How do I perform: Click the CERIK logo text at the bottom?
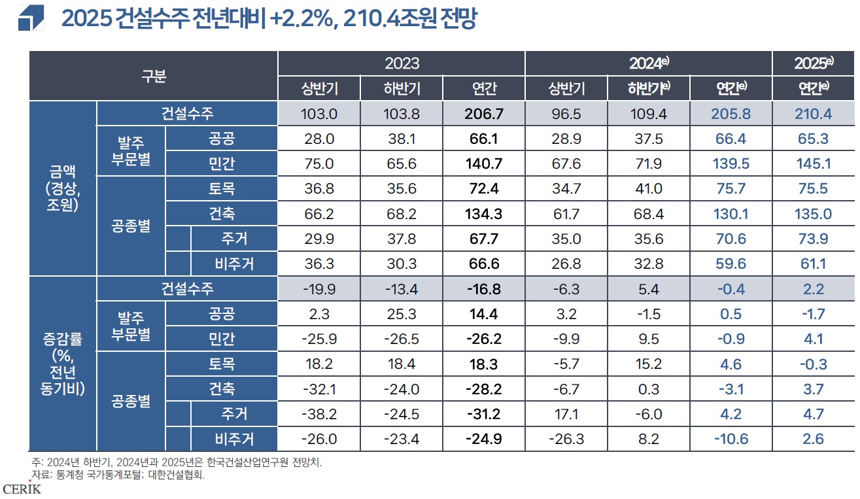point(22,489)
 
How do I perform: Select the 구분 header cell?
point(154,76)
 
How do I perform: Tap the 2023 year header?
point(402,63)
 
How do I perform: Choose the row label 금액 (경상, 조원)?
point(63,188)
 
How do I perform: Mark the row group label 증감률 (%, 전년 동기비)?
point(63,363)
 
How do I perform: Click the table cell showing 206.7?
point(483,114)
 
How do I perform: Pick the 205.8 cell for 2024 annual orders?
point(731,114)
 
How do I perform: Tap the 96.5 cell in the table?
point(566,114)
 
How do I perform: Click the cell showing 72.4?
point(483,189)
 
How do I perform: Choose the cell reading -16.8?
point(483,289)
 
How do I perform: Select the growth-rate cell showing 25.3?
point(401,314)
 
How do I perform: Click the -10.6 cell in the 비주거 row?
point(731,439)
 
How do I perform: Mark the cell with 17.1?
point(566,414)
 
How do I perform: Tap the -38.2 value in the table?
point(319,414)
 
